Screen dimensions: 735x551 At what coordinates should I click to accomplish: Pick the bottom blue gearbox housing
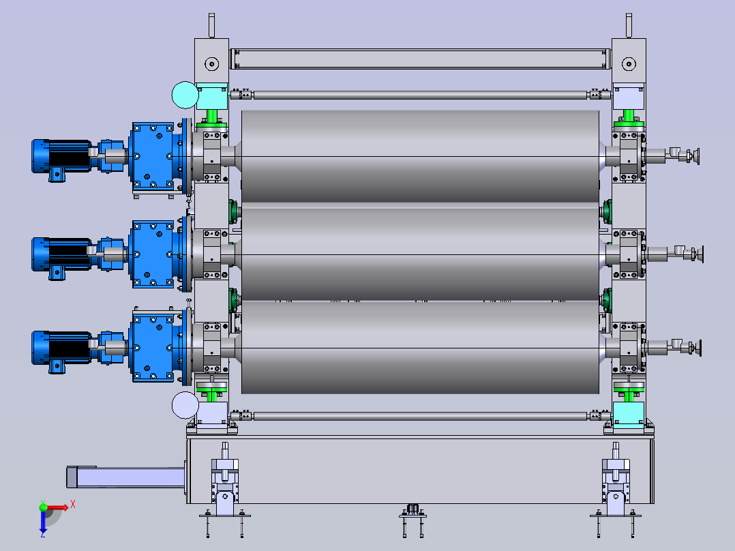153,348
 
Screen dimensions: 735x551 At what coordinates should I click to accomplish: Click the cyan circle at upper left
185,95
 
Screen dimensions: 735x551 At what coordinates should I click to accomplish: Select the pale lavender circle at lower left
185,405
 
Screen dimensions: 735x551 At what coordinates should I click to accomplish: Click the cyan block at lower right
629,415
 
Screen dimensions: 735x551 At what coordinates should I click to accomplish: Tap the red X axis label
73,505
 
